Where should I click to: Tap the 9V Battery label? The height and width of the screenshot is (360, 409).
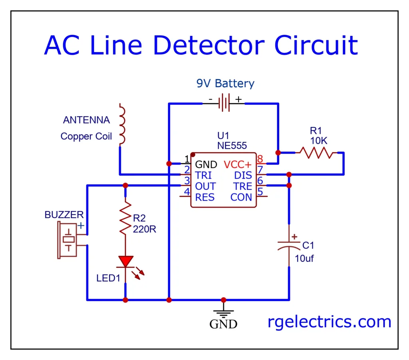point(225,84)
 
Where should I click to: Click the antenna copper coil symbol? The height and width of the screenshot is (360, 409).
point(122,124)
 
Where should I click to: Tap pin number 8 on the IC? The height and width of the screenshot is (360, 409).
point(260,159)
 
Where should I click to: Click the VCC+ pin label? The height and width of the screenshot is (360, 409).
point(238,165)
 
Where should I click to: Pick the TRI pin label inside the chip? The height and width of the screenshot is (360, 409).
point(203,175)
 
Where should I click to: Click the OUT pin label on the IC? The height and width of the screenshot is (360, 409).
point(205,186)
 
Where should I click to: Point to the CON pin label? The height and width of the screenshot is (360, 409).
point(241,197)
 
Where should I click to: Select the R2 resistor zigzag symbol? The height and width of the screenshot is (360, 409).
point(126,218)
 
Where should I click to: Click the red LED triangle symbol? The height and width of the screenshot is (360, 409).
point(126,261)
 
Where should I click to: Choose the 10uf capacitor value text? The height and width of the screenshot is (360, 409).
point(304,259)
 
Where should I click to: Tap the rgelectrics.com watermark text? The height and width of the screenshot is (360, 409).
point(330,322)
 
